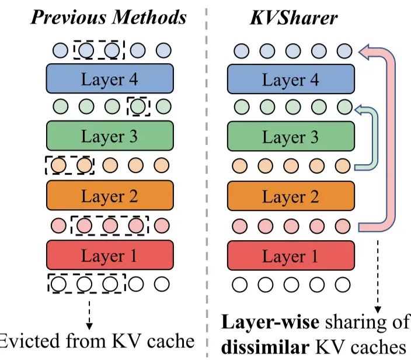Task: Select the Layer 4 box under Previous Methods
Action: (110, 79)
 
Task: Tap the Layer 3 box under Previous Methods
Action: (110, 137)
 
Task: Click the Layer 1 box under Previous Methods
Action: (110, 255)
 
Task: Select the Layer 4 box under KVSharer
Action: (291, 79)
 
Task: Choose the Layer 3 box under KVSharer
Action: (291, 137)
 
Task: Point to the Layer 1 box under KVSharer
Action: (291, 255)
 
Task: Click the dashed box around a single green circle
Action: (138, 107)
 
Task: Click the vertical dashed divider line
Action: (206, 175)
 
